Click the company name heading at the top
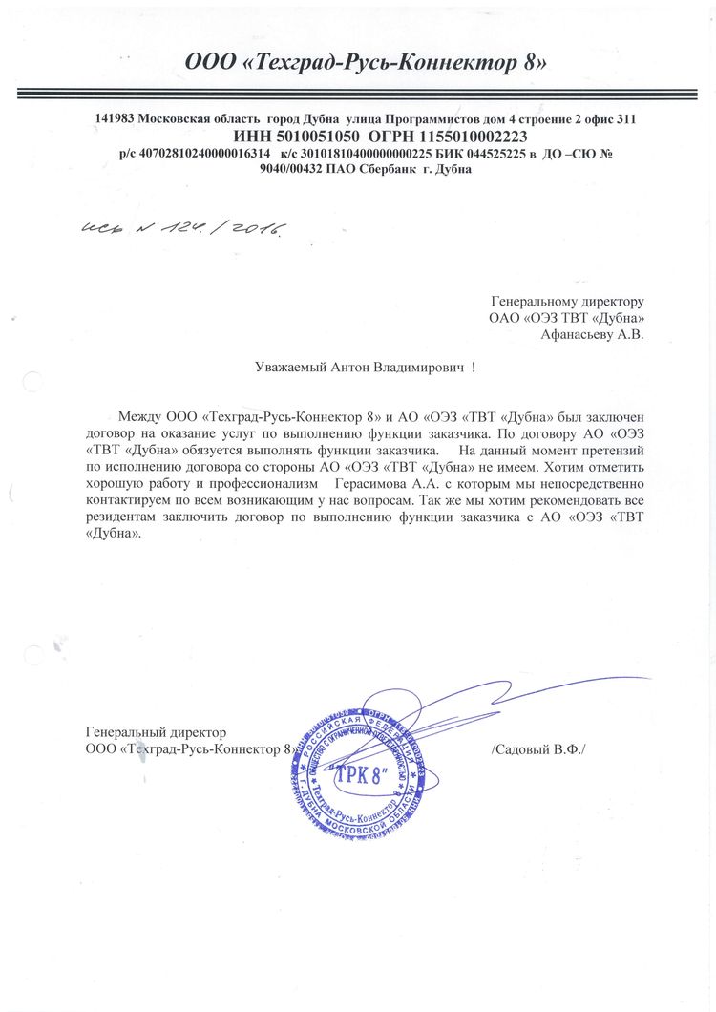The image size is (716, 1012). [x=367, y=63]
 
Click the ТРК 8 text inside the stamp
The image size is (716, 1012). [x=356, y=776]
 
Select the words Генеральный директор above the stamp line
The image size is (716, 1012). [x=156, y=732]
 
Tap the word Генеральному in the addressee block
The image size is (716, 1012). [x=531, y=302]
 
